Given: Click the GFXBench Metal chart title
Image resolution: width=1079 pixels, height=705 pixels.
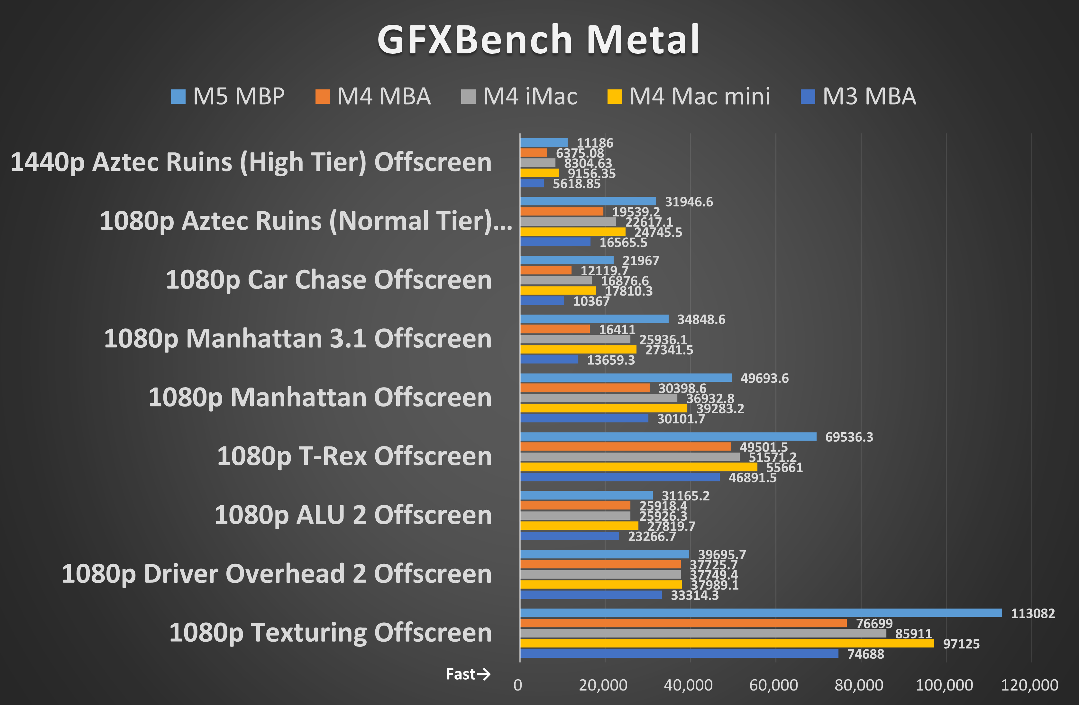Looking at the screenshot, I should pos(539,40).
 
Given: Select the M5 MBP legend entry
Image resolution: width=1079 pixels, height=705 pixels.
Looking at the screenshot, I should pos(228,96).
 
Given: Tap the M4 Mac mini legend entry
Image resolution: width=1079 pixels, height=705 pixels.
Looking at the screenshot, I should pos(689,96).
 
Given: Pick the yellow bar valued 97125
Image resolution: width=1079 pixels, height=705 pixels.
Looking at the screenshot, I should pos(727,643).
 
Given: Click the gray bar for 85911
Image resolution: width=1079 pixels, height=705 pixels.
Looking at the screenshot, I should pos(703,633).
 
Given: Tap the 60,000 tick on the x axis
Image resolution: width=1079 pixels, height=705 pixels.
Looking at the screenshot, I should pos(774,685).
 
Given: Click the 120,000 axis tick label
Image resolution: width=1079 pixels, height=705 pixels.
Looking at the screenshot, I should pos(1029,685).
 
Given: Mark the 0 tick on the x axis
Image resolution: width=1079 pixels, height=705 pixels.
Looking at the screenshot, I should pos(518,685).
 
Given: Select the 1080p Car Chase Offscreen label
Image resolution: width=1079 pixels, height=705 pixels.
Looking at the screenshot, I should pos(329,280).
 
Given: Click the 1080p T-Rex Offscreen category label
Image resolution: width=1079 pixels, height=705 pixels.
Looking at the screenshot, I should pos(354,456).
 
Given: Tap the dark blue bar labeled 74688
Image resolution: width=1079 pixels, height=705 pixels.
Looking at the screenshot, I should pos(679,653).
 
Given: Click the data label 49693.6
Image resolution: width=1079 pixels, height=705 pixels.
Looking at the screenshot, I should pos(764,378).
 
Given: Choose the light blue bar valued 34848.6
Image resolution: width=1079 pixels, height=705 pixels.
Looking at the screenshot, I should pos(594,319).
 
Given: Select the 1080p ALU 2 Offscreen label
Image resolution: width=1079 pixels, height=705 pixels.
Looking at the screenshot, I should pos(353,515).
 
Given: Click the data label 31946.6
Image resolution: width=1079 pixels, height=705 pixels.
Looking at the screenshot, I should pos(689,202).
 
